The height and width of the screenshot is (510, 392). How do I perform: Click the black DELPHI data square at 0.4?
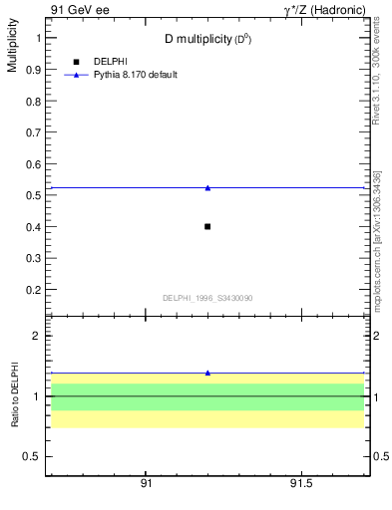pos(207,226)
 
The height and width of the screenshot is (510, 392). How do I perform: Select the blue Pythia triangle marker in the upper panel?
pos(207,187)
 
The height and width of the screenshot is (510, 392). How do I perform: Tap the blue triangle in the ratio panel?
pos(207,373)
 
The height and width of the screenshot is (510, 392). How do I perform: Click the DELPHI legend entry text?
pos(111,62)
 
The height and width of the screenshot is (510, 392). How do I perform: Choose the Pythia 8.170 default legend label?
pos(136,75)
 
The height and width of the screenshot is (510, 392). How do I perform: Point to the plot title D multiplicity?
pos(207,39)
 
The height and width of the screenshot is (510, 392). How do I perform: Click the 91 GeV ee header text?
pos(78,10)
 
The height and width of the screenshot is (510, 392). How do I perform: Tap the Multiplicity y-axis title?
pos(12,49)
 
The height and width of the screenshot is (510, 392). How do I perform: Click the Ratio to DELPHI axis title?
pos(15,394)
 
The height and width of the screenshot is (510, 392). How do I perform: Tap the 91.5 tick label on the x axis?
pos(300,483)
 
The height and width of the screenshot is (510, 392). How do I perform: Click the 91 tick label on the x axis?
pos(146,483)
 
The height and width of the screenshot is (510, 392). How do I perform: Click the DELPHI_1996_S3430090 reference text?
pos(207,298)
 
